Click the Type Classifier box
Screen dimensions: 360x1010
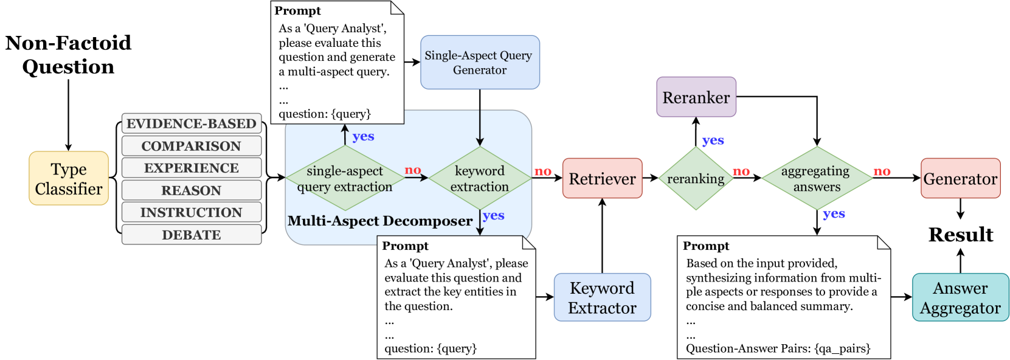pyautogui.click(x=69, y=178)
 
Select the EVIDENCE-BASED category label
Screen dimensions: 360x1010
pyautogui.click(x=192, y=123)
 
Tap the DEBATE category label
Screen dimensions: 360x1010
pyautogui.click(x=192, y=235)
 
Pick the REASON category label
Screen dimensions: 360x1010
pyautogui.click(x=192, y=190)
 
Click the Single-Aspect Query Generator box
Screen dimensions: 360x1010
pyautogui.click(x=479, y=63)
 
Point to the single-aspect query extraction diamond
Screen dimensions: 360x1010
pyautogui.click(x=345, y=178)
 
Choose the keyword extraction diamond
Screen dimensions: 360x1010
pyautogui.click(x=480, y=178)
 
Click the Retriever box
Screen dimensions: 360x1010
pyautogui.click(x=602, y=178)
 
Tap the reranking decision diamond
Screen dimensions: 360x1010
pyautogui.click(x=696, y=178)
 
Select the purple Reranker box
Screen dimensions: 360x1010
pyautogui.click(x=696, y=97)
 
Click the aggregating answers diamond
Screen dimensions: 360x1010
pyautogui.click(x=817, y=178)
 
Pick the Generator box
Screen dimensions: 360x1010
pyautogui.click(x=960, y=178)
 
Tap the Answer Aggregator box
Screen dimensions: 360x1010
pyautogui.click(x=960, y=297)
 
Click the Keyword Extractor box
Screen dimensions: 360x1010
pyautogui.click(x=602, y=297)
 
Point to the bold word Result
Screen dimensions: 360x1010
pyautogui.click(x=961, y=235)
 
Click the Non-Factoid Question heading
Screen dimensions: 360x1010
pyautogui.click(x=68, y=54)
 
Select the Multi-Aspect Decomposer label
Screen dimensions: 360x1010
pyautogui.click(x=380, y=221)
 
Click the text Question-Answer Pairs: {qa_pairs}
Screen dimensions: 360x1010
pyautogui.click(x=778, y=348)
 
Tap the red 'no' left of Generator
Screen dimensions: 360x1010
pyautogui.click(x=882, y=171)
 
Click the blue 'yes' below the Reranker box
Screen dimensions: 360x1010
pyautogui.click(x=713, y=140)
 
